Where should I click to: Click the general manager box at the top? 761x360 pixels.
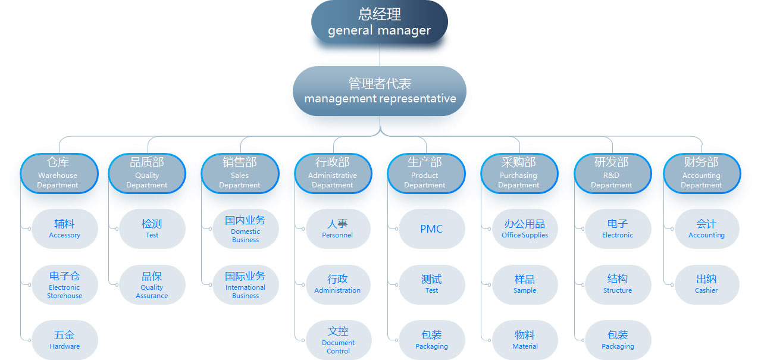(x=379, y=22)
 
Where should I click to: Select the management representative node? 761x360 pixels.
(x=380, y=91)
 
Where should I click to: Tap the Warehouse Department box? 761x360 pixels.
(x=58, y=173)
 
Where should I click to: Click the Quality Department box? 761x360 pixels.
(x=147, y=173)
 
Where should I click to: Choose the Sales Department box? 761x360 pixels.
(x=240, y=173)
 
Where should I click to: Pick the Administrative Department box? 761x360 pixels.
(x=333, y=173)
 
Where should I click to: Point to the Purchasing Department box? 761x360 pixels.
(x=519, y=173)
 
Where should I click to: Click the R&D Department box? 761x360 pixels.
(x=612, y=173)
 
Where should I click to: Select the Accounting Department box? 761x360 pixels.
(x=702, y=173)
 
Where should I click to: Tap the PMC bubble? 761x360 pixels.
(x=431, y=229)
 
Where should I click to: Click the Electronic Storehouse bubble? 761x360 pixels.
(x=64, y=284)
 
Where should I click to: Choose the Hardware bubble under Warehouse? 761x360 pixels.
(x=64, y=340)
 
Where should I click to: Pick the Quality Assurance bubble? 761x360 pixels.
(x=152, y=284)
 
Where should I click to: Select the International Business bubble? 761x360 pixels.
(x=245, y=284)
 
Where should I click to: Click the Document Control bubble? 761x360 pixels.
(x=338, y=340)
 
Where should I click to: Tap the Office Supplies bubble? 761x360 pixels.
(x=525, y=229)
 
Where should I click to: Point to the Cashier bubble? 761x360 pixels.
(x=706, y=284)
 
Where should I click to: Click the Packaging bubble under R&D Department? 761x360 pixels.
(x=618, y=340)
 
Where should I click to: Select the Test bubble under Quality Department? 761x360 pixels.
(x=152, y=229)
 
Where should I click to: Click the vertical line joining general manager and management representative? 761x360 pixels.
(x=380, y=55)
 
